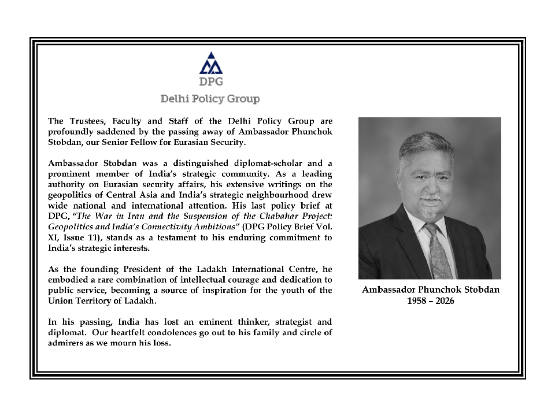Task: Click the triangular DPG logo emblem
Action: coord(210,64)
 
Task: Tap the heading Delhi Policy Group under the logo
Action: coord(210,99)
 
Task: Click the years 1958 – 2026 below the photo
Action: coord(430,301)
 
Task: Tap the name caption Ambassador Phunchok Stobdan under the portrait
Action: coord(430,290)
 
